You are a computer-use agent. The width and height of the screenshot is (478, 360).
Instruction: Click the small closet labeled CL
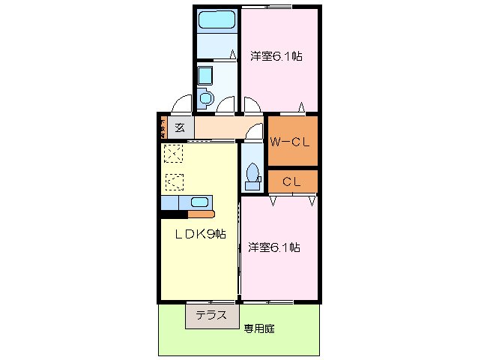point(292,181)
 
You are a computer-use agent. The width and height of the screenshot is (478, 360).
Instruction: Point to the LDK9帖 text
point(200,234)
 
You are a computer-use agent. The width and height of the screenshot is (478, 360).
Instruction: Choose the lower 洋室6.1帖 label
point(274,247)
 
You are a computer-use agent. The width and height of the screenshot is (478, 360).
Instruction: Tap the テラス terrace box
point(211,316)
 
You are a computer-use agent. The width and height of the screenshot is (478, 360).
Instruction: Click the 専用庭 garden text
point(258,328)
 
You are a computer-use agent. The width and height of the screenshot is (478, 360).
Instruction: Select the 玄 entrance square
point(180,127)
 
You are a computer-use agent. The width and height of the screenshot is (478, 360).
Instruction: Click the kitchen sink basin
point(199,202)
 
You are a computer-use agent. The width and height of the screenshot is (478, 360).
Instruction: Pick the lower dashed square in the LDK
point(174,181)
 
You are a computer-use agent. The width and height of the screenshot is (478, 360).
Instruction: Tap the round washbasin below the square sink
point(205,97)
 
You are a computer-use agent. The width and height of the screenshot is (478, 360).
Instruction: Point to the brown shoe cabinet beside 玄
point(162,127)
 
